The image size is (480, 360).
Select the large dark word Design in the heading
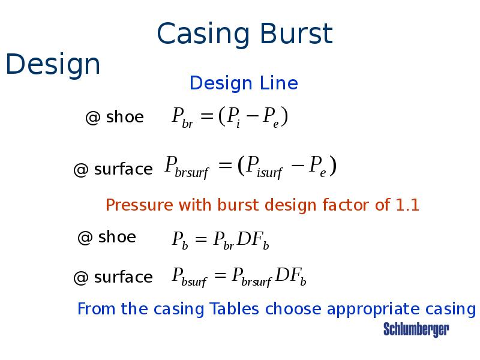coord(53,65)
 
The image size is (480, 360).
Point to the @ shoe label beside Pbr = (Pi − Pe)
coord(115,118)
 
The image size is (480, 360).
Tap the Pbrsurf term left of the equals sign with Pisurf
coord(187,167)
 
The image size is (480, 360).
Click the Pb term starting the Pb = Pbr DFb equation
coord(180,241)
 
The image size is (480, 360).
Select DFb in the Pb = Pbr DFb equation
coord(253,241)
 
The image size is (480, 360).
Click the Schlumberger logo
coord(416,329)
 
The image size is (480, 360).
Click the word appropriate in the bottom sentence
coord(371,310)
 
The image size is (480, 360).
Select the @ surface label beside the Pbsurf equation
coord(113,277)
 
